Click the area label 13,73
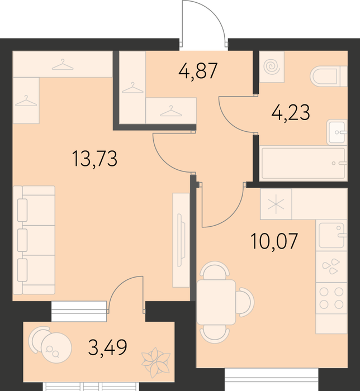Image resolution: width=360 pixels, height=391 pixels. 94,159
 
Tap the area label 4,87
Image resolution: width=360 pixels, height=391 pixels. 198,71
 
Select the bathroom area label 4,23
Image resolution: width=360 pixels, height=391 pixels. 291,112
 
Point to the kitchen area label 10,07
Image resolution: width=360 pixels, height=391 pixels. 274,241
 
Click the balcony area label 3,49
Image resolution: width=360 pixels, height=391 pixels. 107,347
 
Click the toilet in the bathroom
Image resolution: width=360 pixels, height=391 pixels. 329,76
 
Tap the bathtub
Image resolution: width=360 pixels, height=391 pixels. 303,163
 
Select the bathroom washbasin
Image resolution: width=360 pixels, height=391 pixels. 337,132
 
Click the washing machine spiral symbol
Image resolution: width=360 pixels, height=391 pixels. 272,66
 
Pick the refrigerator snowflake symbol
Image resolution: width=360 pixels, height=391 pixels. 276,204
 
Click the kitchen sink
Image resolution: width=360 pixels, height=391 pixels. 331,235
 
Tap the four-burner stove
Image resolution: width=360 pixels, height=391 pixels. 331,298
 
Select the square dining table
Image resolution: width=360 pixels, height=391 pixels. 216,302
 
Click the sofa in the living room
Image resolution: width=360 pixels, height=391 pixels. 34,240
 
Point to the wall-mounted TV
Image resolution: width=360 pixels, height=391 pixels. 181,240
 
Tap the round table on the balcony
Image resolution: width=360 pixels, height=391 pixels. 56,347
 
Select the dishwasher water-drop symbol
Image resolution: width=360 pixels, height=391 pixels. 331,266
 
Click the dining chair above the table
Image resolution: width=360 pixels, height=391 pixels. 216,270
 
